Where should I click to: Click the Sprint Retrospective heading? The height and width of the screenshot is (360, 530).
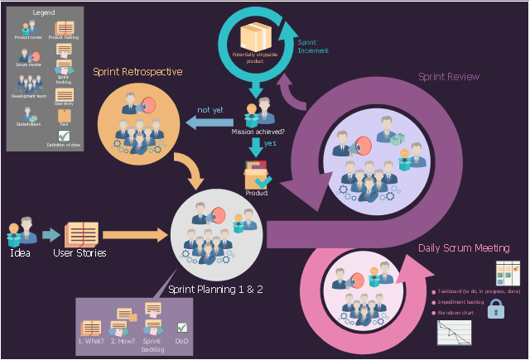coord(137,72)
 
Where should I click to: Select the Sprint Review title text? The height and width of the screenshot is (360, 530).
coord(449,77)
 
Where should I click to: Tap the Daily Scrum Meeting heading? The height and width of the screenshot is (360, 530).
coord(464,248)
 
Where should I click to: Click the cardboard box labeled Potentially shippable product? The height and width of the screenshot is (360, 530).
coord(254,37)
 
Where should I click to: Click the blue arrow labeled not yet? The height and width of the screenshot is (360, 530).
coord(211,123)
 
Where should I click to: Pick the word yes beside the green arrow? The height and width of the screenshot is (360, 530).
coord(269,143)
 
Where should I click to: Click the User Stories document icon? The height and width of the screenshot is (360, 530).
coord(80,234)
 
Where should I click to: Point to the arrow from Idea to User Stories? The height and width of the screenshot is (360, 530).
coord(51,235)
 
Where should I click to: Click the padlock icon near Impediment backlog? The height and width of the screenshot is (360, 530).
coord(496,309)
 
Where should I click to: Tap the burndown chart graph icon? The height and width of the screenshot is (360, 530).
coord(454,332)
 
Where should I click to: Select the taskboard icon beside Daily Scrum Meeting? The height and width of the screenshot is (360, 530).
coord(506,273)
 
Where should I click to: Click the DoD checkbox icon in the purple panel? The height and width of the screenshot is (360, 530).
coord(182,328)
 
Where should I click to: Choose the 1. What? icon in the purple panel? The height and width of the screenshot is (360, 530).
coord(90,328)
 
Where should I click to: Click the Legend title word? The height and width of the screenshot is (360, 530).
coord(44,14)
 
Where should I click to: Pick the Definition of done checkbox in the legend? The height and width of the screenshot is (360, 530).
coord(64,137)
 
